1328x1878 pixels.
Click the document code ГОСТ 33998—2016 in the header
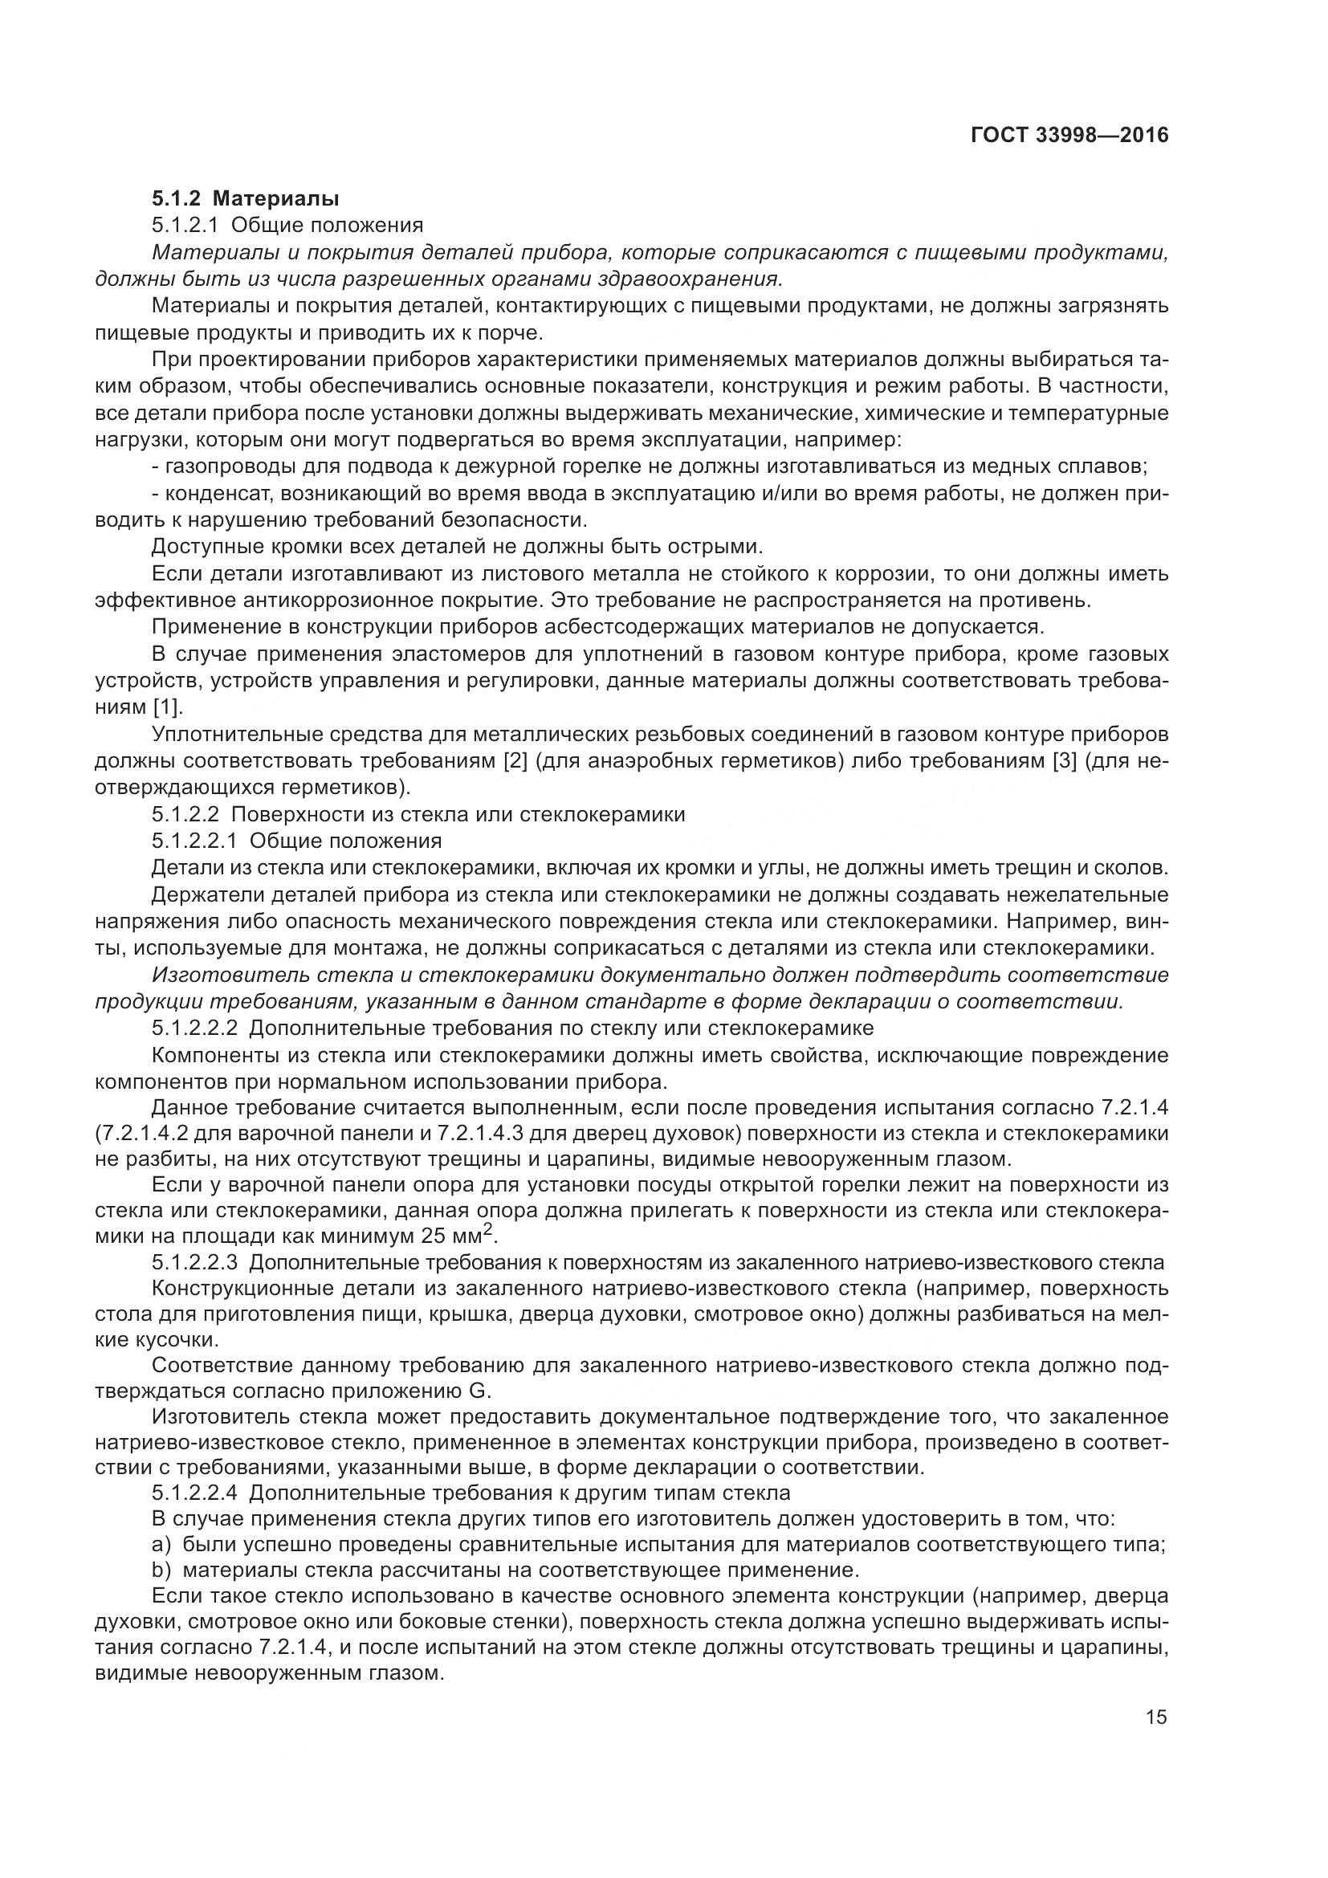pyautogui.click(x=1069, y=135)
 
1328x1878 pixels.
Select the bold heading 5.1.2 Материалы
pyautogui.click(x=246, y=198)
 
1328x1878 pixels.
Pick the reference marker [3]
pyautogui.click(x=1067, y=760)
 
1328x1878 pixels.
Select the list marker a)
pyautogui.click(x=161, y=1545)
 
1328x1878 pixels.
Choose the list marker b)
pyautogui.click(x=161, y=1570)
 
